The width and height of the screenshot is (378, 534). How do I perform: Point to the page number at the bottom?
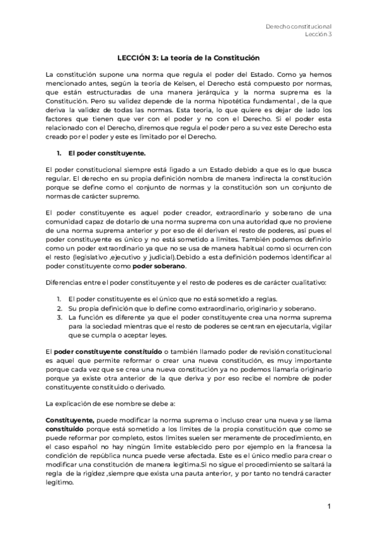(329, 506)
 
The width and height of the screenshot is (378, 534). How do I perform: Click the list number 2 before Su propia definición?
(58, 309)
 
